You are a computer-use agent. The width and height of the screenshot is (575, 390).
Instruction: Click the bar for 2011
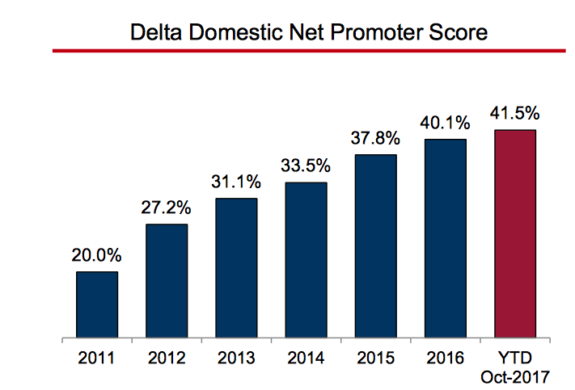(97, 304)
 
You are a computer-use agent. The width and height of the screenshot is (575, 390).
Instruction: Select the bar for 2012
(167, 280)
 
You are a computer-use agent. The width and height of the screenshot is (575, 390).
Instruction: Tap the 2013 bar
(236, 267)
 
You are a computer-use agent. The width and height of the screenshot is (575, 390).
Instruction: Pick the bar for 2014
(306, 260)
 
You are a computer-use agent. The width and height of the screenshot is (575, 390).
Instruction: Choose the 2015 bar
(375, 246)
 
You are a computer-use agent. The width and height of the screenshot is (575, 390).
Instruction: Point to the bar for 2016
(445, 238)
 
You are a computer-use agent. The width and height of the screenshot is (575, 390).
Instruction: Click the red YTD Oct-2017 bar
(514, 233)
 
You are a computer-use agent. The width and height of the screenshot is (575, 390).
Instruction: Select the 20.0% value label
(97, 257)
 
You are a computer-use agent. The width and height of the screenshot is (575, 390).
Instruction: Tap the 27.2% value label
(167, 209)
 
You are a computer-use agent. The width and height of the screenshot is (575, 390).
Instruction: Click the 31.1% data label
(236, 183)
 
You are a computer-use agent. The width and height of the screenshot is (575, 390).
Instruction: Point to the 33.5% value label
(306, 167)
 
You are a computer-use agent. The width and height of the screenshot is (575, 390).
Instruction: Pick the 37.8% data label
(375, 139)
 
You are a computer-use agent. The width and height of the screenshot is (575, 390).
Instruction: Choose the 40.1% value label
(445, 124)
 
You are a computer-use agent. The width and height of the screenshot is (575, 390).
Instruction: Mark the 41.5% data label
(514, 113)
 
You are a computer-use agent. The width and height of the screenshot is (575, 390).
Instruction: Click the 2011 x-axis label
(97, 355)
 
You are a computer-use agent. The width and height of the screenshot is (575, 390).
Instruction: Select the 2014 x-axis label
(306, 355)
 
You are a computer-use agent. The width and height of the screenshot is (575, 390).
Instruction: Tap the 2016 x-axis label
(445, 355)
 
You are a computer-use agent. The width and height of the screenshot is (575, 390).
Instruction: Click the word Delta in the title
(158, 33)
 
